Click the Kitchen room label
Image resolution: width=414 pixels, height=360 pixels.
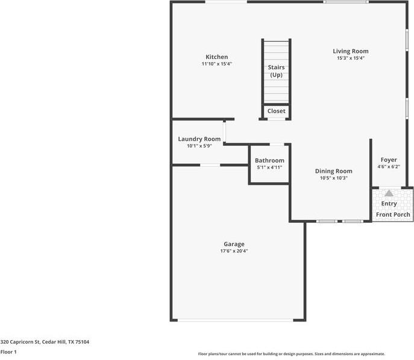[216, 57]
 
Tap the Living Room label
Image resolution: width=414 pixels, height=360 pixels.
[351, 51]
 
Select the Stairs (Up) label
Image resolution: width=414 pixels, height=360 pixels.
[276, 71]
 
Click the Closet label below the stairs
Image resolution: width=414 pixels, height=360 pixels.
[276, 111]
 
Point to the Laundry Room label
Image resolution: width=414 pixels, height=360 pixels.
[199, 139]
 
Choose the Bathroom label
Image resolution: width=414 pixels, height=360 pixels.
[269, 161]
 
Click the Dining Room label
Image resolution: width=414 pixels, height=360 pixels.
[333, 171]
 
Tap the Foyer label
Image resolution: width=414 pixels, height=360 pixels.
[389, 160]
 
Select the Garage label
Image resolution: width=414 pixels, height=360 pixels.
[234, 244]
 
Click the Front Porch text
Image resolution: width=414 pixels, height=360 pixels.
[393, 215]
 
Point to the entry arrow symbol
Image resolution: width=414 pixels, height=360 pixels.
[389, 194]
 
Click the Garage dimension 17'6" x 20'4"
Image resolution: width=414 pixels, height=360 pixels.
[234, 251]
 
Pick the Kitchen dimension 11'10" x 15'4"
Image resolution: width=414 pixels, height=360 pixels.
[216, 64]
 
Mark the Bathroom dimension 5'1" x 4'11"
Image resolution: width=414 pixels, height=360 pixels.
[269, 167]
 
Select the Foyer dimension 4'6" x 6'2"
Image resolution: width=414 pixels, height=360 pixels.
[389, 167]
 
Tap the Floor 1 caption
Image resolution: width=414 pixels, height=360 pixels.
[8, 352]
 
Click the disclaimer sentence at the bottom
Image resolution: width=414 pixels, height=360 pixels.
[291, 354]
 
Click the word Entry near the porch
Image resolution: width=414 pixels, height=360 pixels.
[389, 204]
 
